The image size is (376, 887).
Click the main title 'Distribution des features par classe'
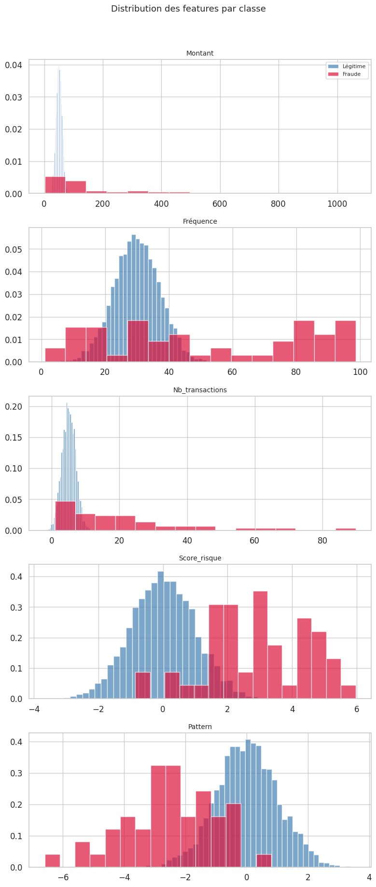[188, 9]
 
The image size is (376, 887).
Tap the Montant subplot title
[200, 53]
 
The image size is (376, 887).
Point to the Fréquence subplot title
[200, 221]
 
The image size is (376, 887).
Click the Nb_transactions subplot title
[200, 390]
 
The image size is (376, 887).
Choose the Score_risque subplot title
[200, 558]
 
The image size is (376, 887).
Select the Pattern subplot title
[200, 727]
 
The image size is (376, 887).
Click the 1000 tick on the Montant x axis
[337, 204]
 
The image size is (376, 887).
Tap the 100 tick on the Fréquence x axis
[360, 372]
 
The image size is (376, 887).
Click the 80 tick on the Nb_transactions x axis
[322, 541]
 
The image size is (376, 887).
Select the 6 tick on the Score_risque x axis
[357, 709]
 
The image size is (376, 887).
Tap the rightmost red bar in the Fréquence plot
[346, 341]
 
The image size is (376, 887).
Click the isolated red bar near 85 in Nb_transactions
[346, 529]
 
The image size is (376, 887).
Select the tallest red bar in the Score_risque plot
[260, 645]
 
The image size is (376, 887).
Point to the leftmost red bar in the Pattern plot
[53, 861]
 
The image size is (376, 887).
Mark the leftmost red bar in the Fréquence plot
[55, 355]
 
